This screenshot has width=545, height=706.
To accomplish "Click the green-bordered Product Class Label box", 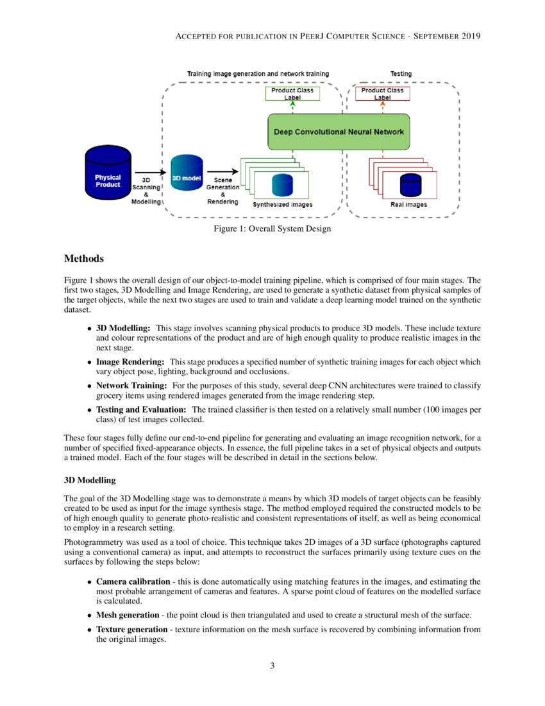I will pyautogui.click(x=292, y=94).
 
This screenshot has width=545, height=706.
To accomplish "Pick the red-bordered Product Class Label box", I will pyautogui.click(x=382, y=94).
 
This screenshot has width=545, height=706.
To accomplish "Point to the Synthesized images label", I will pyautogui.click(x=282, y=205).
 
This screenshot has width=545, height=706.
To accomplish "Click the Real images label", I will pyautogui.click(x=408, y=205).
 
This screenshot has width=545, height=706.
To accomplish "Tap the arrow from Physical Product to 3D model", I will pyautogui.click(x=148, y=172).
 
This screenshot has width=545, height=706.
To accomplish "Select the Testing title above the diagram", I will pyautogui.click(x=401, y=74).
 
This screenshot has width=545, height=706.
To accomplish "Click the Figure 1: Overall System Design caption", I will pyautogui.click(x=272, y=229).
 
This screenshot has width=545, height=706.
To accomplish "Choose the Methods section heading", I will pyautogui.click(x=84, y=259).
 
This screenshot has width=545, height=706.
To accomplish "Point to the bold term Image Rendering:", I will pyautogui.click(x=130, y=363).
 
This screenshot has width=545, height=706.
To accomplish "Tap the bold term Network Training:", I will pyautogui.click(x=131, y=386).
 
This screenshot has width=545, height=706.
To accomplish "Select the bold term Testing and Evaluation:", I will pyautogui.click(x=141, y=409).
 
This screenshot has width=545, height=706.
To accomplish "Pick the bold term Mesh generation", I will pyautogui.click(x=128, y=615).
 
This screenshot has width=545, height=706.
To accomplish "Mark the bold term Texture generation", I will pyautogui.click(x=131, y=630).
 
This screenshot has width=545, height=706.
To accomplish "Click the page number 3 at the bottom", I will pyautogui.click(x=272, y=666).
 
